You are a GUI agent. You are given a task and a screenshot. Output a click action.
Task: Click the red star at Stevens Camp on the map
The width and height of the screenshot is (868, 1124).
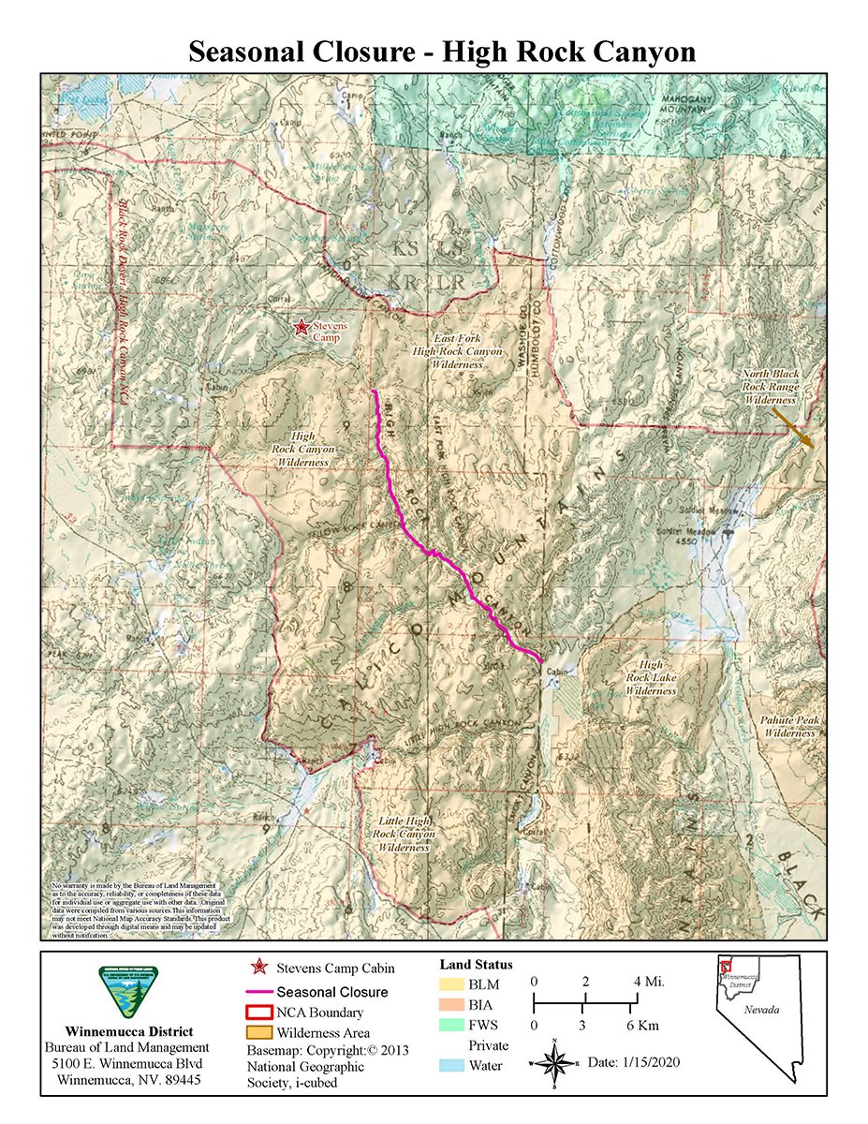[302, 327]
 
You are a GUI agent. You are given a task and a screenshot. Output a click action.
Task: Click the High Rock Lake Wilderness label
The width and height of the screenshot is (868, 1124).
[651, 677]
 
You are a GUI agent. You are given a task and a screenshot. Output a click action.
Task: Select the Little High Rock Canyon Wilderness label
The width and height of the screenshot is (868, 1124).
[404, 833]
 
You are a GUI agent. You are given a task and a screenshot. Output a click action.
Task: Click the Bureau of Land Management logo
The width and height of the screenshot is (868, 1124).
[122, 992]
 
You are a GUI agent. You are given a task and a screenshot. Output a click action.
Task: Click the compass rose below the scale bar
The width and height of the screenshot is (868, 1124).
[555, 1064]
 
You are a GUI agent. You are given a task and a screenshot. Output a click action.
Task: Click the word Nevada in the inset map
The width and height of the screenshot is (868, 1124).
[760, 1012]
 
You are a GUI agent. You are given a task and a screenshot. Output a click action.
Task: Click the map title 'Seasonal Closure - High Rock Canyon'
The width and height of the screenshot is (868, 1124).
[442, 52]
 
